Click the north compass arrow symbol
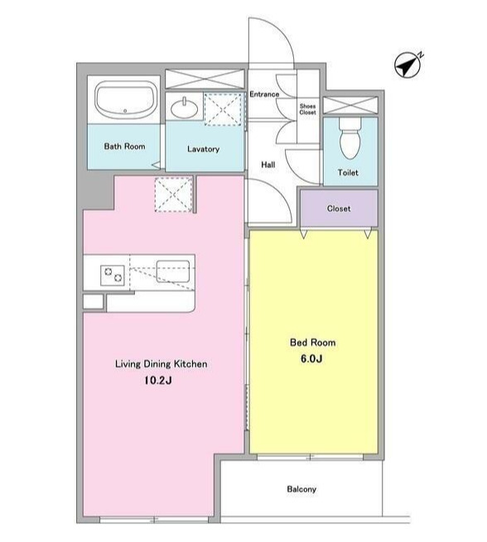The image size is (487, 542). click(408, 65)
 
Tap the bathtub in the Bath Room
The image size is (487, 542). click(124, 99)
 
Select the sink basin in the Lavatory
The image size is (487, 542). click(185, 108)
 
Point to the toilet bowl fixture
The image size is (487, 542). click(350, 137)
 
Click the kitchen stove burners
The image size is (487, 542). click(113, 276)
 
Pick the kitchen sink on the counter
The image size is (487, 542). click(173, 271)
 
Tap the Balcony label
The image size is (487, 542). click(301, 489)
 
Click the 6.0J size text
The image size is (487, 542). click(311, 359)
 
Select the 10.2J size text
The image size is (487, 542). click(158, 381)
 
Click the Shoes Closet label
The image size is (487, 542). click(307, 109)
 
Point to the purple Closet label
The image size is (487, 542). click(339, 209)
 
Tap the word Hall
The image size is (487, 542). click(268, 165)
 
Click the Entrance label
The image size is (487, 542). click(264, 94)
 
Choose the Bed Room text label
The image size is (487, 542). click(313, 343)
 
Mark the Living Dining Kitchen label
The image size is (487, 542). click(162, 364)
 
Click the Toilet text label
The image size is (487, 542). click(348, 172)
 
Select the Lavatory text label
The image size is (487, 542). click(204, 149)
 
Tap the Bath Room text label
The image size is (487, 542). click(124, 146)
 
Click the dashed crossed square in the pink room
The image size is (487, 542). click(173, 194)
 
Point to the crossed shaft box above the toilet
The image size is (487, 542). click(350, 105)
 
